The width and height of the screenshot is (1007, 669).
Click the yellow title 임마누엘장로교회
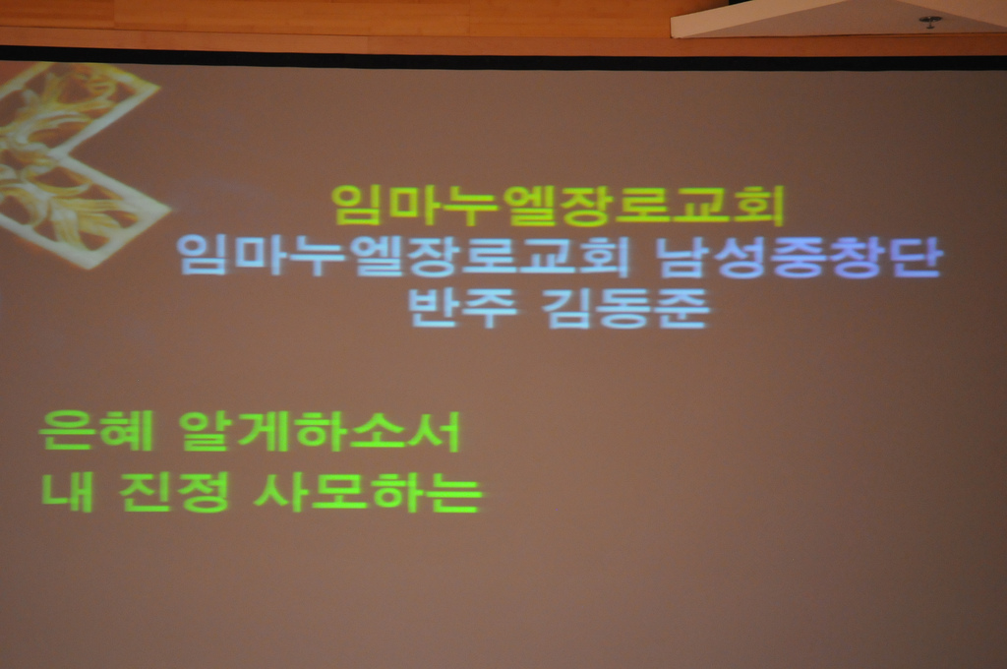point(559,206)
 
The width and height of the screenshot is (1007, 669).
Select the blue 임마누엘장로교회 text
point(401,255)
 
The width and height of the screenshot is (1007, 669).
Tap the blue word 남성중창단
point(799,257)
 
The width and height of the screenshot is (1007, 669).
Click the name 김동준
point(625,309)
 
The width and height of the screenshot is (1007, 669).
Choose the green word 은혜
point(95,431)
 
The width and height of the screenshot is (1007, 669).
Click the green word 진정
point(174,492)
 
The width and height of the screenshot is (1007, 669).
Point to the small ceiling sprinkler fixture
point(930,22)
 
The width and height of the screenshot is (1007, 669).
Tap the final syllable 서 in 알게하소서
point(438,431)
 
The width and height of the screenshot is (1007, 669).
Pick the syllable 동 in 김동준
point(625,309)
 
